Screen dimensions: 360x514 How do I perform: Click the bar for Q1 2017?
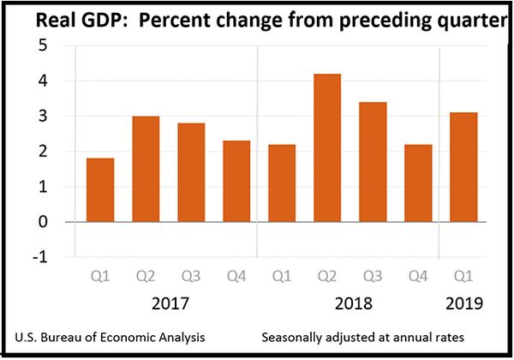(x=100, y=190)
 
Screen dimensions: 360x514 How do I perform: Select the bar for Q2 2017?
(x=146, y=169)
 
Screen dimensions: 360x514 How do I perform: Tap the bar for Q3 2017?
(x=191, y=172)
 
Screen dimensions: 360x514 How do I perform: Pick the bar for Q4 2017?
(x=236, y=182)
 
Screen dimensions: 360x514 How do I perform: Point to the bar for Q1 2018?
(x=282, y=183)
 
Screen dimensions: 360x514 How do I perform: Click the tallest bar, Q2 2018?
(x=327, y=148)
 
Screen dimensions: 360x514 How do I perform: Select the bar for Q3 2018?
(x=373, y=162)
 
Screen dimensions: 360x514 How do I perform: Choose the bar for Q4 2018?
(x=418, y=183)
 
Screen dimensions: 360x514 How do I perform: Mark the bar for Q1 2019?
(x=463, y=167)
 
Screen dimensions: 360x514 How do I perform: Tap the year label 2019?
(x=463, y=303)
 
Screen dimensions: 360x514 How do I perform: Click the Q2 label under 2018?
(x=327, y=277)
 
